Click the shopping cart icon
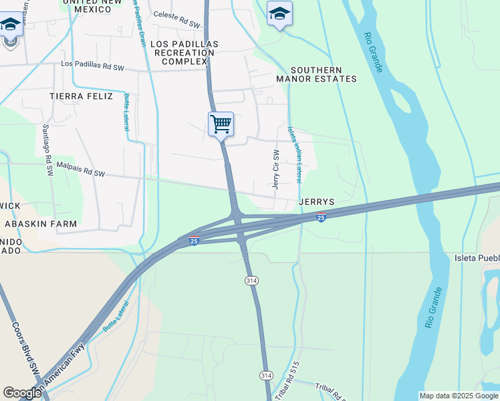[221, 124]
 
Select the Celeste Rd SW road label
[176, 14]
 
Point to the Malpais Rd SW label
[81, 169]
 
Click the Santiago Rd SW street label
[47, 150]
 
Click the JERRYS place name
[317, 202]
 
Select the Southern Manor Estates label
[317, 74]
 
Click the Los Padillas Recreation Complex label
[185, 53]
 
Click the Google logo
[22, 393]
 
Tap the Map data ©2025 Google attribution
[459, 396]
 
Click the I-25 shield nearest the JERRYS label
[321, 217]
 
